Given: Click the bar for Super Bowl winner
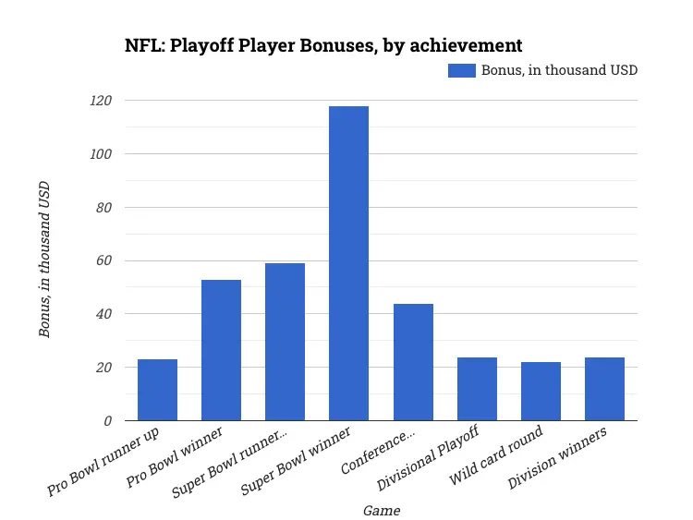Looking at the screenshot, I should tap(348, 263).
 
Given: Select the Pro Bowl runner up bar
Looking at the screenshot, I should tap(157, 390).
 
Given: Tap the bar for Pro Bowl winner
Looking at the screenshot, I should tap(221, 350).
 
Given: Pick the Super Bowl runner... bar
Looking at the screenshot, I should tap(285, 342).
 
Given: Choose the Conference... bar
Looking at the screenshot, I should tap(412, 362).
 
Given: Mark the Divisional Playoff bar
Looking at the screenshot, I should tap(477, 389).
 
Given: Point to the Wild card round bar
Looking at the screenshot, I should tap(541, 391).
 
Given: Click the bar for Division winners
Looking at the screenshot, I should tap(604, 389).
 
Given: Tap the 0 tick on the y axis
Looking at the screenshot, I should tap(107, 421).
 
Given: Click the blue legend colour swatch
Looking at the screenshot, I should tap(461, 70).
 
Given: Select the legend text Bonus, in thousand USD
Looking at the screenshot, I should tap(559, 70).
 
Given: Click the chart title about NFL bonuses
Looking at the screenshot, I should tap(323, 44).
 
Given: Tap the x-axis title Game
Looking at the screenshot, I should tap(381, 510).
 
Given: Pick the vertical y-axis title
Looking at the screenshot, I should tap(44, 260).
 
